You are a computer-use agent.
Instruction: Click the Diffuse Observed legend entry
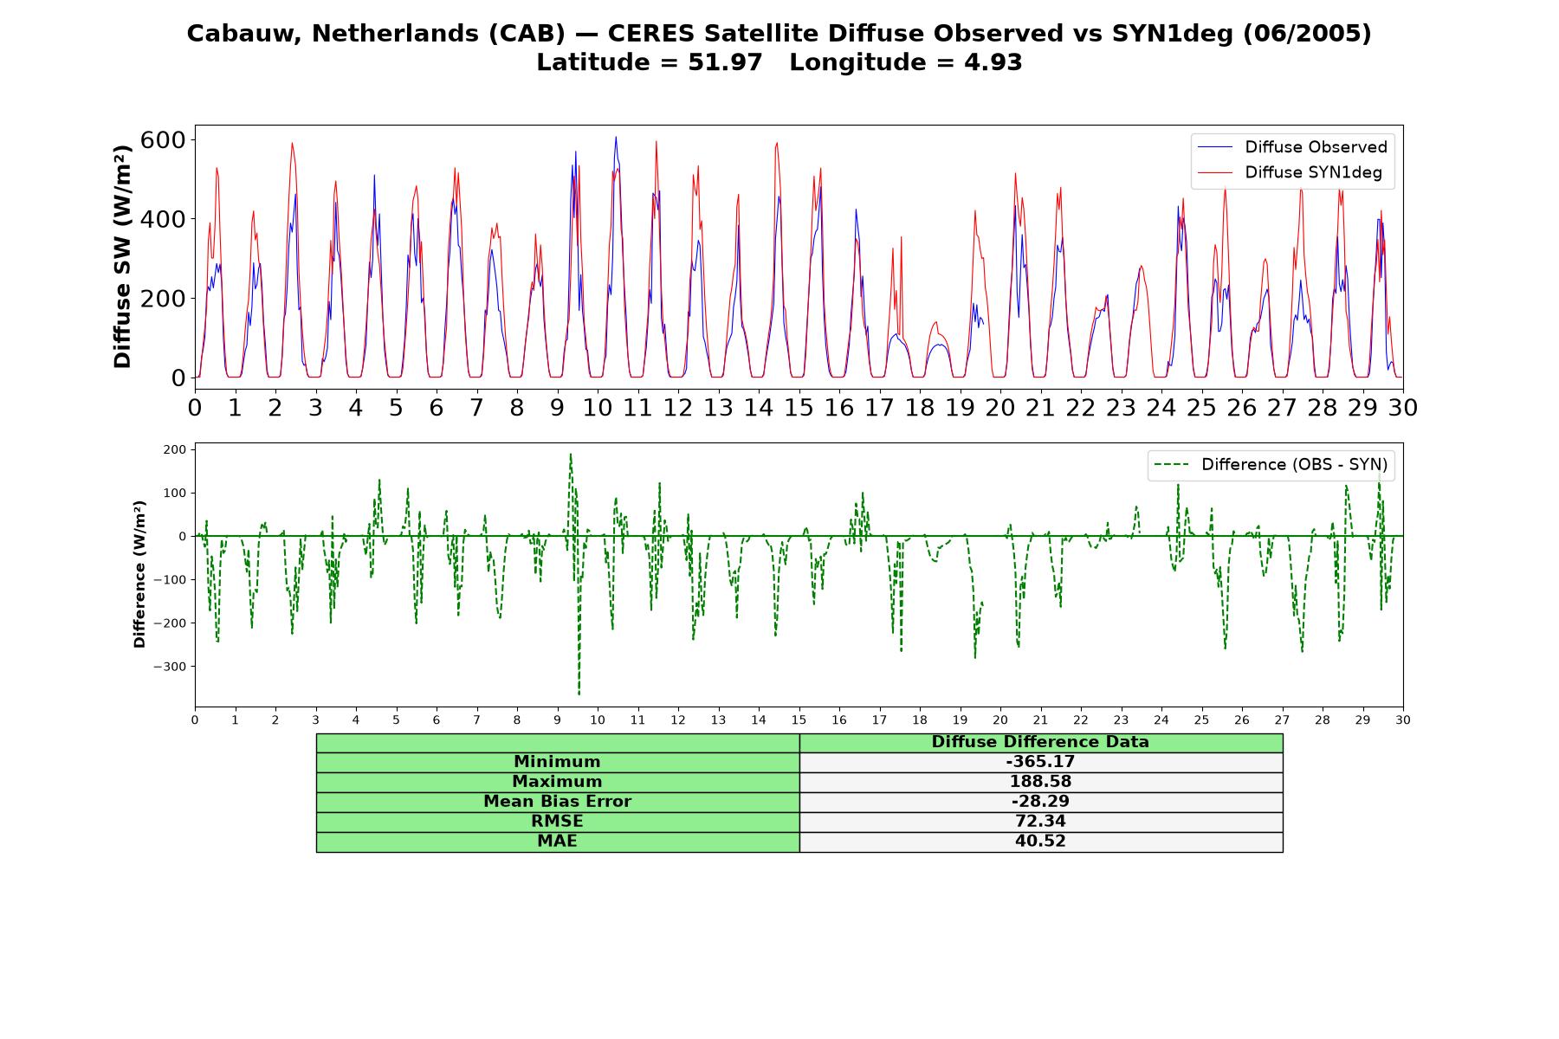click(1291, 147)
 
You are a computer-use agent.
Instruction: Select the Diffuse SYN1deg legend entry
click(1290, 172)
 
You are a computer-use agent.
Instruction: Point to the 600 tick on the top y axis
click(164, 140)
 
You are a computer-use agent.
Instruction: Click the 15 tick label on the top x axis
click(799, 407)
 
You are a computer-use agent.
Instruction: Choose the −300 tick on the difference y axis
click(170, 667)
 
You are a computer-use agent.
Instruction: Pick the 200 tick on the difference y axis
click(174, 449)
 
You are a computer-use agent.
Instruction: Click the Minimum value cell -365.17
click(1040, 762)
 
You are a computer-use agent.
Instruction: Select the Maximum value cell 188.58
click(1040, 782)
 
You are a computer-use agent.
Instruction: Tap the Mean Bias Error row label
click(557, 802)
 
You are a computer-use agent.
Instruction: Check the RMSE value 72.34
click(1040, 822)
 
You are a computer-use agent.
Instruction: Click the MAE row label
click(557, 842)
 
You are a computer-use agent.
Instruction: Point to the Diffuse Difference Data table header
click(1040, 742)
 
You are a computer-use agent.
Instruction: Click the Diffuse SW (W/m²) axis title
click(122, 256)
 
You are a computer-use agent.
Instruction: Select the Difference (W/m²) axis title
click(139, 574)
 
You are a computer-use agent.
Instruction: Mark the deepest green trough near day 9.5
click(579, 694)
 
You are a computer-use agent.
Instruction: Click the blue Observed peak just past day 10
click(616, 137)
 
